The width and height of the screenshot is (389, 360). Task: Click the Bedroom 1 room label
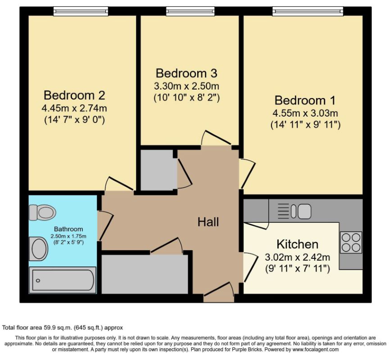click(x=305, y=100)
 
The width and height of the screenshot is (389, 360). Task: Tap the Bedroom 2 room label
click(x=74, y=95)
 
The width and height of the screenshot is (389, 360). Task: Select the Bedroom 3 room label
click(x=186, y=73)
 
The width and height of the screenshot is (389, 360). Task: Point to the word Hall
click(x=208, y=222)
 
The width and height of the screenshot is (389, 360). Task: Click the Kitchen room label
click(x=298, y=244)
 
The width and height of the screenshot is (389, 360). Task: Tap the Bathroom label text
click(x=68, y=229)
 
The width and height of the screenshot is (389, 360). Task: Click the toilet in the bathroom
click(x=42, y=212)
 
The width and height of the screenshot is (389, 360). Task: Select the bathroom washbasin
click(x=39, y=249)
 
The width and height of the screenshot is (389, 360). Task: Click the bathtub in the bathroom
click(x=63, y=280)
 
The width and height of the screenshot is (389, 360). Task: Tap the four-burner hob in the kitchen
click(x=351, y=242)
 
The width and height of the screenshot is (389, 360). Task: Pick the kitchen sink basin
click(x=304, y=211)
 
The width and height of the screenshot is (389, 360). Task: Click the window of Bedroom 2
click(x=81, y=11)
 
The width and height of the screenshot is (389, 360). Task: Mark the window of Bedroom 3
click(x=190, y=11)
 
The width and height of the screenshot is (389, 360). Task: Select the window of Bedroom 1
click(x=308, y=11)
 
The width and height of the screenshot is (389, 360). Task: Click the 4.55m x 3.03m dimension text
click(x=305, y=113)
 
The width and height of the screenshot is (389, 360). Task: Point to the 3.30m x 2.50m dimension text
click(x=186, y=86)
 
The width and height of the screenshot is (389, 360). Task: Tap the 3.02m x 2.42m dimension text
click(x=298, y=257)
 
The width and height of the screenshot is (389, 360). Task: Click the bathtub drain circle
click(x=38, y=281)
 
